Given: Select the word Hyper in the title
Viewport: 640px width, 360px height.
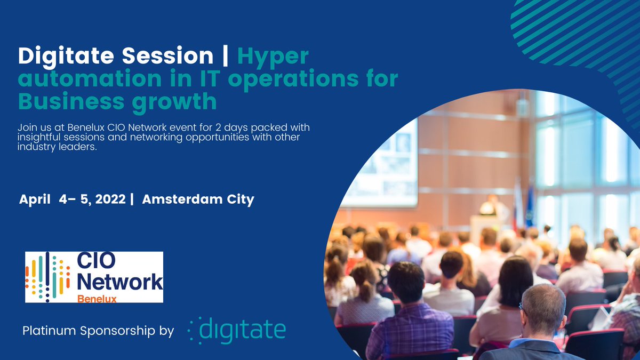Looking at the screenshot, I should [273, 55].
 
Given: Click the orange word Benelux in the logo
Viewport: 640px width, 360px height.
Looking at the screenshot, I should [97, 298].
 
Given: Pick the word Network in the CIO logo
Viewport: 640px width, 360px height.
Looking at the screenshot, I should [117, 281].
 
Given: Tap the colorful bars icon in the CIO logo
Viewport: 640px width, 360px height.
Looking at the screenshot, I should [48, 277].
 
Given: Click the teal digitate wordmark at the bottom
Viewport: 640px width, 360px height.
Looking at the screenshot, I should [243, 330].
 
